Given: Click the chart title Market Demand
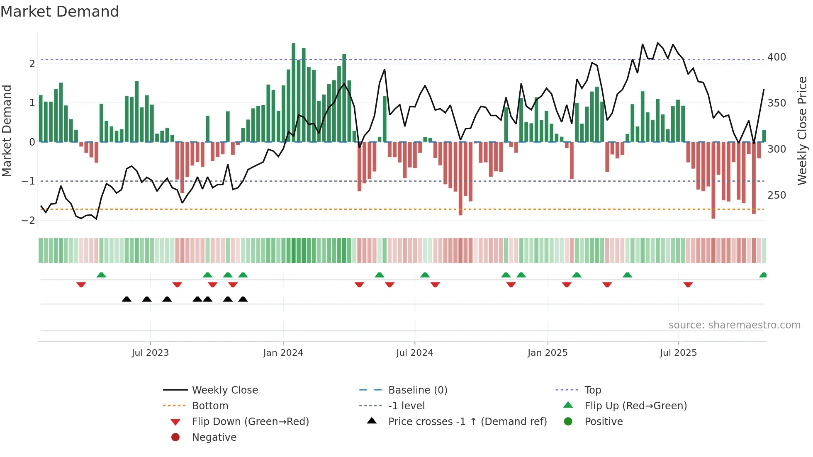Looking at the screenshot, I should click(60, 12).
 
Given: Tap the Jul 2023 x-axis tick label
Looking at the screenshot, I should click(150, 353).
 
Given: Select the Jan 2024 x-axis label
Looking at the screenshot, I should click(283, 353).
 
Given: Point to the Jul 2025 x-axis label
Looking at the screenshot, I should click(678, 353).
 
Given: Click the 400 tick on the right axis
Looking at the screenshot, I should click(776, 57).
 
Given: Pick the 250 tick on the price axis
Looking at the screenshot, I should click(776, 195).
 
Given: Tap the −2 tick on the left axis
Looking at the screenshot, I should click(28, 221).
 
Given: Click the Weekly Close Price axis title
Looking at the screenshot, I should click(802, 131).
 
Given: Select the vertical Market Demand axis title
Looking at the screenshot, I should click(7, 131).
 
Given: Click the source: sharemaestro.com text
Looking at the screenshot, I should click(734, 325).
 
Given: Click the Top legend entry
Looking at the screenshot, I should click(593, 390).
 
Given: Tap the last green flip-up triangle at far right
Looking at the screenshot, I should click(763, 275).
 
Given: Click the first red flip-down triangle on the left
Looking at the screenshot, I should click(81, 284).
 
